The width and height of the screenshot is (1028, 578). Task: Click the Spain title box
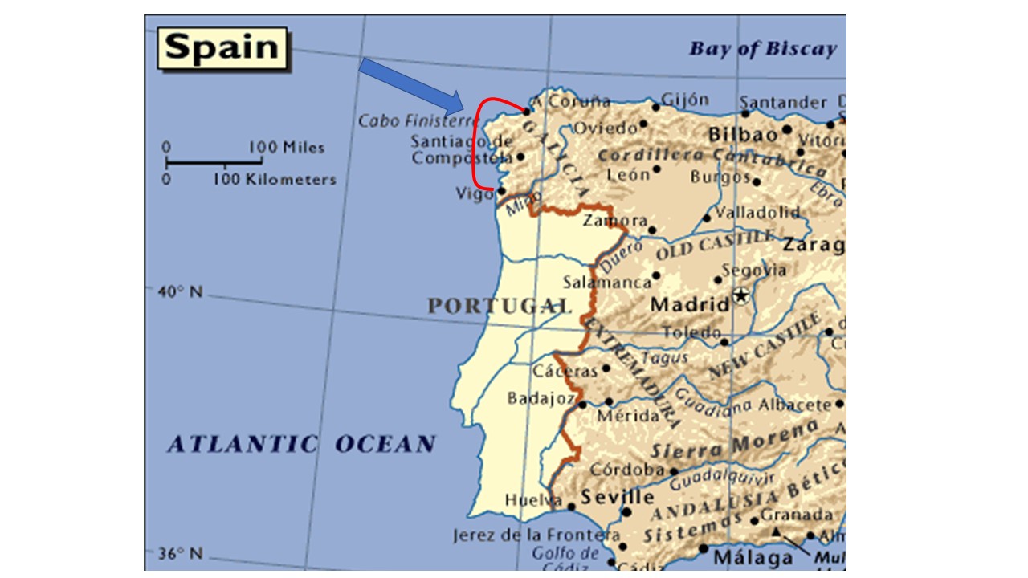[222, 49]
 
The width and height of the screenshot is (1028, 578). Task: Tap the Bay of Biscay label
[762, 49]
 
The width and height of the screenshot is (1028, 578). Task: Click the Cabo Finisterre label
[418, 121]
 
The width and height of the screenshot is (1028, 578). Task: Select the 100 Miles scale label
[286, 148]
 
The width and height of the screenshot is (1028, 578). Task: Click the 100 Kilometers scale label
[275, 180]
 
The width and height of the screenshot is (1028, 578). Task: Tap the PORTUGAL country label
[498, 306]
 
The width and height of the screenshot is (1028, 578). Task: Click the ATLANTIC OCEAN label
[301, 444]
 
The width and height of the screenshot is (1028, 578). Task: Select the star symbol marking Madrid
[740, 296]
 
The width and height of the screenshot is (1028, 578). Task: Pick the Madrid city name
[689, 305]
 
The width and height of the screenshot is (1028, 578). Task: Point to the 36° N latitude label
[180, 554]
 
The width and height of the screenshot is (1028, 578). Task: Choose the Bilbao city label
[744, 133]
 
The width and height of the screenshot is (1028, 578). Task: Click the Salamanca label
[607, 283]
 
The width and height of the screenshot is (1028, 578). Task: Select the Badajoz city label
[541, 398]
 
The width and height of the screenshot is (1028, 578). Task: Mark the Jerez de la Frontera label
[536, 535]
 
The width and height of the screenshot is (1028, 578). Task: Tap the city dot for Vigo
[501, 191]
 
